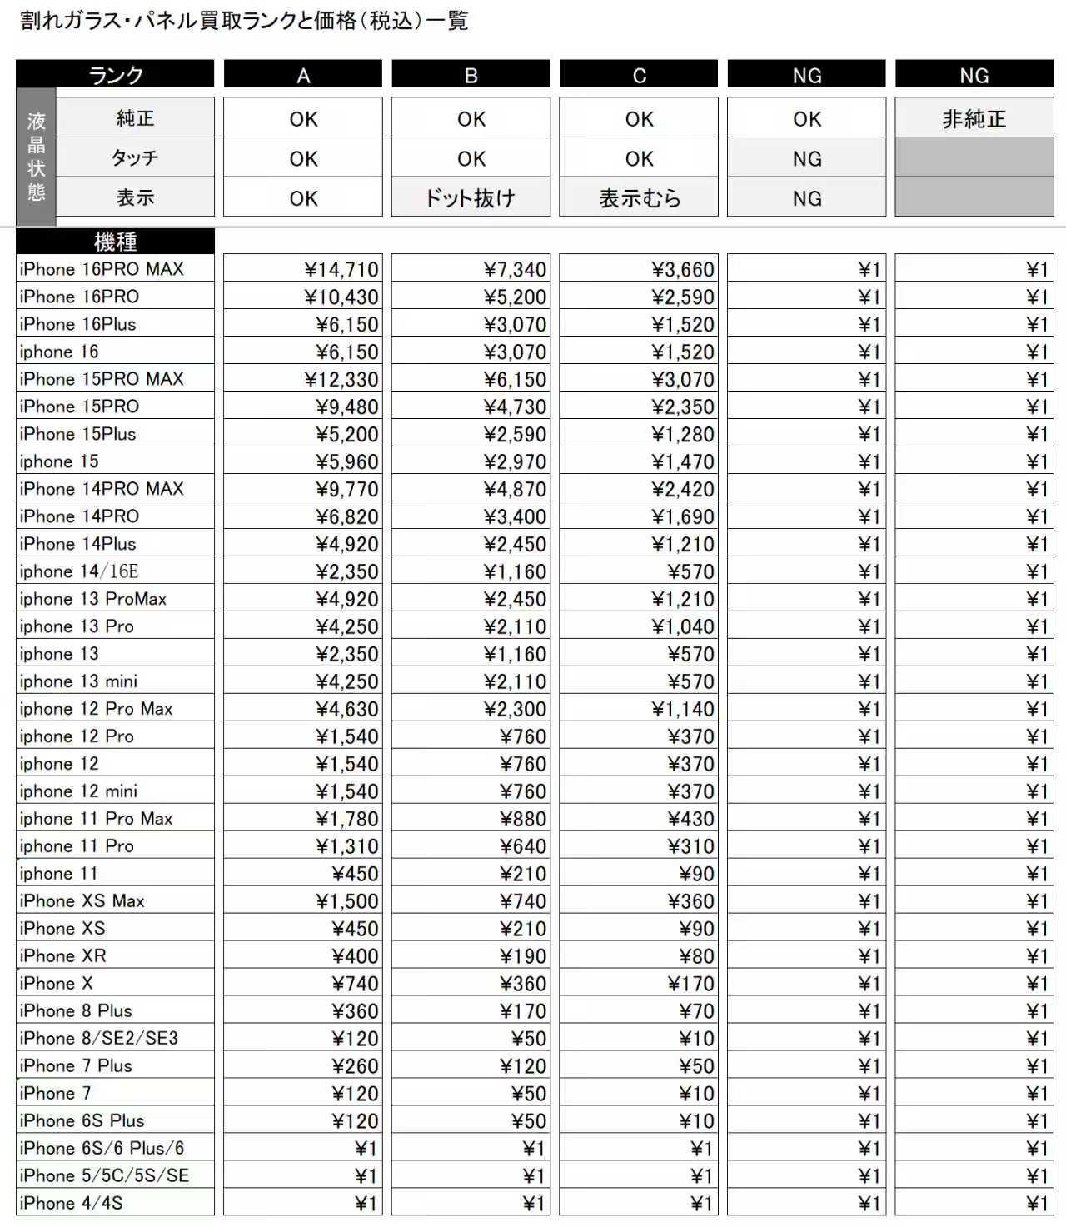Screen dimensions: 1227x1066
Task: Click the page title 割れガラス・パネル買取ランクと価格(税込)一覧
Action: point(244,21)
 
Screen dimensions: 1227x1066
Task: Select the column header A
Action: point(303,76)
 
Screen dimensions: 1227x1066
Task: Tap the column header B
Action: point(471,76)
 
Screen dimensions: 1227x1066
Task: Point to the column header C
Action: point(639,76)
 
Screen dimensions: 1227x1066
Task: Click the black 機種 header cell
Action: point(115,242)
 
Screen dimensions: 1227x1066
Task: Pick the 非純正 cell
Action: point(974,119)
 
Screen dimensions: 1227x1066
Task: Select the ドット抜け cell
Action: point(471,198)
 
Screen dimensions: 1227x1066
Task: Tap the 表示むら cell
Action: point(639,198)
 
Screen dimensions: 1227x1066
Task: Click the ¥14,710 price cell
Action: point(341,270)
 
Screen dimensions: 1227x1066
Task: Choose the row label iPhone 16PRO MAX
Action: point(102,269)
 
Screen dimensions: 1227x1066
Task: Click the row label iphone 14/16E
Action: point(79,571)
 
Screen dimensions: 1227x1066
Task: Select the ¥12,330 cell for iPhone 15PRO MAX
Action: point(341,380)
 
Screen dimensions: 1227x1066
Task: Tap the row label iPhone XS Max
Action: point(82,901)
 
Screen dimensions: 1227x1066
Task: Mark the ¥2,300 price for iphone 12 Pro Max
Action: point(515,710)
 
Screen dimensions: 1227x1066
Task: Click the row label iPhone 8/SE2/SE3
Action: point(99,1039)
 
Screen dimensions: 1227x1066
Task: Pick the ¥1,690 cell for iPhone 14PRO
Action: point(683,517)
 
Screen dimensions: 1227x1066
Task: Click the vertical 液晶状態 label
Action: point(36,157)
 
